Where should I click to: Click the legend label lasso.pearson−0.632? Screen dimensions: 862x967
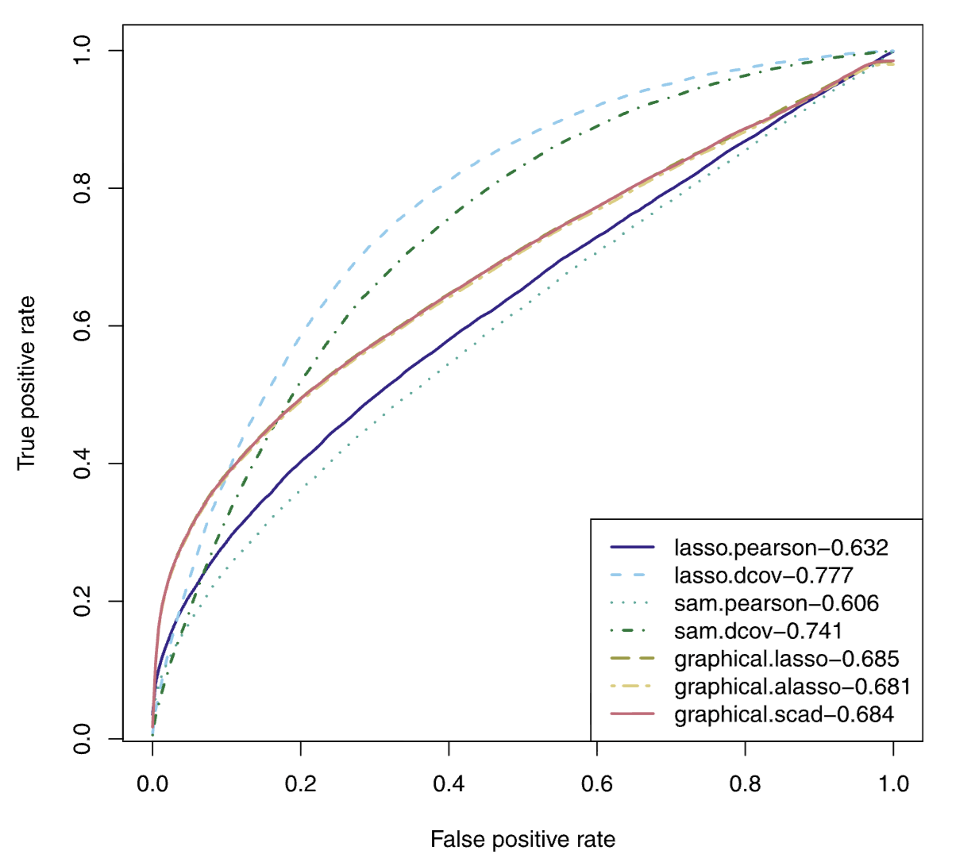tap(780, 548)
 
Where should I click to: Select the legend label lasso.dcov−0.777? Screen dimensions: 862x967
tap(763, 575)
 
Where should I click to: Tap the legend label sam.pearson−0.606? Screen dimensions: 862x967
tap(776, 603)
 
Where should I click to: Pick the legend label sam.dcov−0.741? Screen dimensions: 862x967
tap(757, 631)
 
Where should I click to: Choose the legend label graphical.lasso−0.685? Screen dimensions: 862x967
tap(786, 659)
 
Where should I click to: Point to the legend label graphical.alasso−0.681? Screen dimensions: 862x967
tap(792, 687)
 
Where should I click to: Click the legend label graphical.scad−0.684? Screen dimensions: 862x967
tap(784, 714)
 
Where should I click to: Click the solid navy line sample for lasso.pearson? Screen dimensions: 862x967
tap(633, 548)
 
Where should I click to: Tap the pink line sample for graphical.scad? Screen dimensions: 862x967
tap(633, 714)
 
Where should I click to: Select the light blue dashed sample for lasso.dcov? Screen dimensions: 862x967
tap(633, 575)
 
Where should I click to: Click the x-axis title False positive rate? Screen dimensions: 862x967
tap(522, 840)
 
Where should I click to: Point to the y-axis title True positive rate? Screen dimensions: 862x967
tap(26, 383)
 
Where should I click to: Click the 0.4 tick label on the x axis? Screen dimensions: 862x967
tap(449, 784)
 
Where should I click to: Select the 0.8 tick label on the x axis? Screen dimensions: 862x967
tap(745, 784)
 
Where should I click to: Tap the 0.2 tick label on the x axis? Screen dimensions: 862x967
tap(300, 784)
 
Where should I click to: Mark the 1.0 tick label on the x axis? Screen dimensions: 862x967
tap(893, 784)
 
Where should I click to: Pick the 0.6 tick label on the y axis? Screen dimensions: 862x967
tap(83, 325)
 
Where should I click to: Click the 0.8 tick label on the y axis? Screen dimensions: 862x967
tap(83, 188)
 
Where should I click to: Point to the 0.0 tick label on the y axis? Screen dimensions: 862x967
tap(83, 738)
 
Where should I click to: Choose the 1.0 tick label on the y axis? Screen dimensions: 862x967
tap(83, 51)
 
